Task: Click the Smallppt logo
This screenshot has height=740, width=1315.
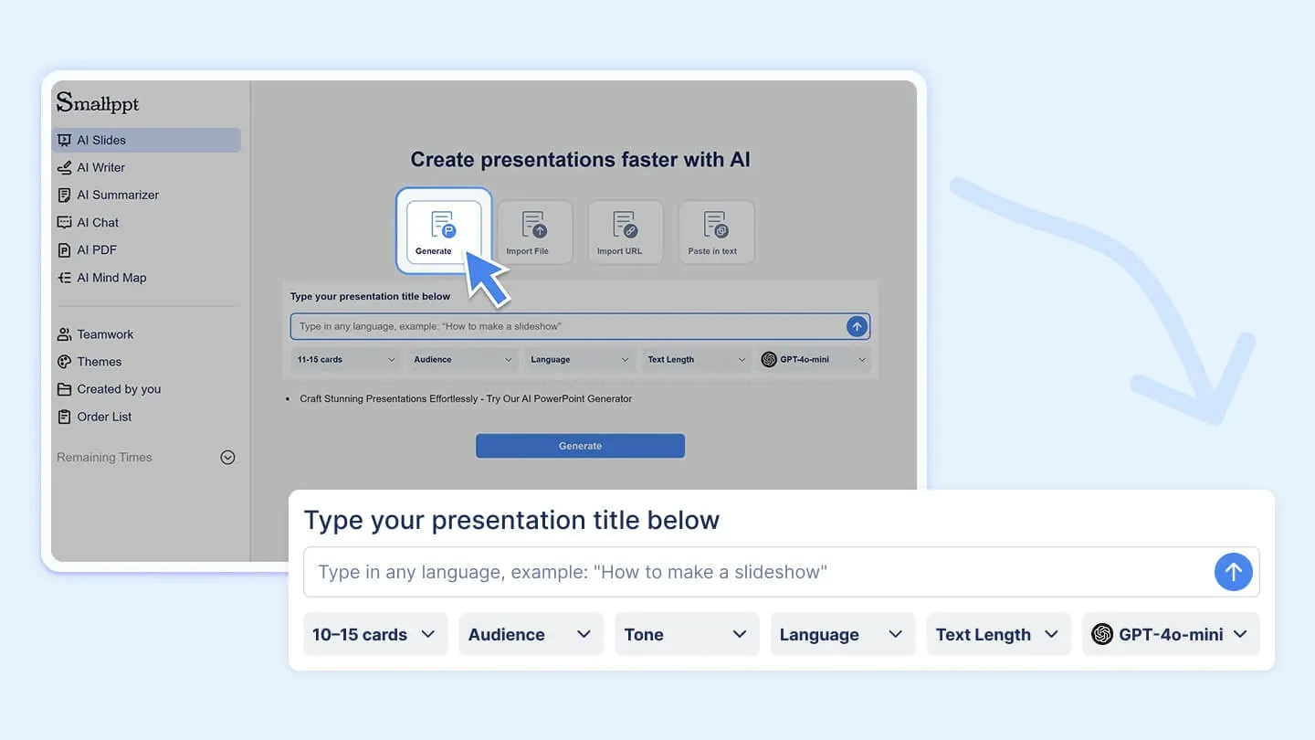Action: click(x=98, y=102)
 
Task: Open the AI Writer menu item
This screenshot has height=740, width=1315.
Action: click(x=100, y=167)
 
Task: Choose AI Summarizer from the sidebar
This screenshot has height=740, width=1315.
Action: click(x=117, y=195)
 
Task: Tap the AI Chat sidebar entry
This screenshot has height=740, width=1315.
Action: click(x=98, y=222)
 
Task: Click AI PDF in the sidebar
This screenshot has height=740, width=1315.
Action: click(x=96, y=249)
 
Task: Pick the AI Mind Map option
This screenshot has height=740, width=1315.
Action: click(x=110, y=278)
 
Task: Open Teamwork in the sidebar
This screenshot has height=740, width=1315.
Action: click(x=105, y=334)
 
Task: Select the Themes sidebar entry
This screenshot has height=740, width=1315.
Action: click(x=99, y=362)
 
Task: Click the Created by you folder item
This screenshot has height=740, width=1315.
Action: click(x=118, y=389)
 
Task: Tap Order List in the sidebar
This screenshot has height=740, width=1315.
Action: click(x=104, y=417)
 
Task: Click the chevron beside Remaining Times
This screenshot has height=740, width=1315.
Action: click(x=228, y=458)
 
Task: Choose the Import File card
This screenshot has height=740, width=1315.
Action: click(x=534, y=232)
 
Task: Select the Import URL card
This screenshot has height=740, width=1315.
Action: click(x=626, y=232)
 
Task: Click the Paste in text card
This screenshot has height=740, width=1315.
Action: click(x=717, y=232)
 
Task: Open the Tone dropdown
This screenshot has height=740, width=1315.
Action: click(x=687, y=634)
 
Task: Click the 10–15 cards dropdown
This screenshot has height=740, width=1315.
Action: click(x=374, y=634)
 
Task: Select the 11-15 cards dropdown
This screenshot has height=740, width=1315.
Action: click(x=346, y=360)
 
